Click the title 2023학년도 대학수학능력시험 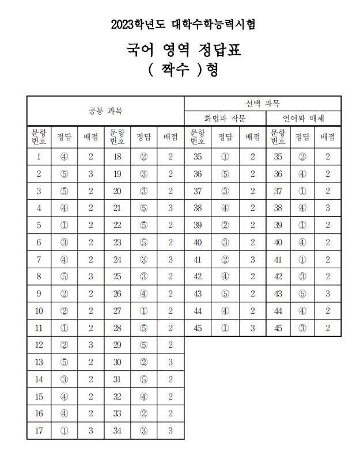(x=183, y=24)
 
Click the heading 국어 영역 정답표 (x=183, y=50)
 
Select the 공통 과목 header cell (x=105, y=111)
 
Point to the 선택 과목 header (x=263, y=104)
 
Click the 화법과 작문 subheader (x=225, y=119)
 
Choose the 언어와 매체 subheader (x=303, y=119)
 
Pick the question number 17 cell (x=39, y=431)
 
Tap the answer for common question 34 (x=143, y=431)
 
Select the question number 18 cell (x=118, y=157)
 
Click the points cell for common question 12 (x=90, y=345)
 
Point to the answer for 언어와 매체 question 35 (x=302, y=157)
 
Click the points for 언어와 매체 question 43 (x=328, y=294)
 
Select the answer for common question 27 (x=143, y=311)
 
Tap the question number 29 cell (x=118, y=345)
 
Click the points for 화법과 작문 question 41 (x=252, y=260)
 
